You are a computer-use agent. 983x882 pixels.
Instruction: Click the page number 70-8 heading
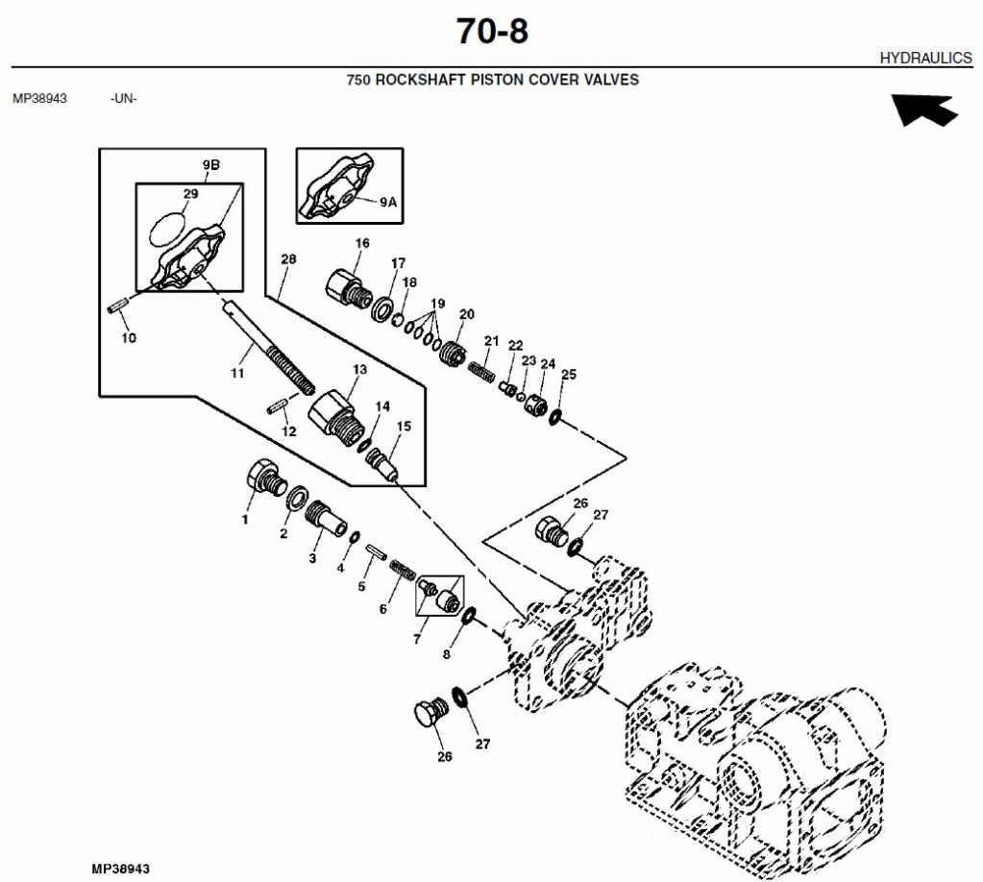click(x=492, y=32)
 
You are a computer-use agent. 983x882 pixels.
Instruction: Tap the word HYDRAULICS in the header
click(x=925, y=59)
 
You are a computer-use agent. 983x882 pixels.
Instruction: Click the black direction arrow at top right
click(x=924, y=110)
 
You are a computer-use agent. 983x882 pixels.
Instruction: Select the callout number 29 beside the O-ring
click(x=190, y=194)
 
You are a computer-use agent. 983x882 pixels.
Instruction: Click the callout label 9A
click(x=387, y=202)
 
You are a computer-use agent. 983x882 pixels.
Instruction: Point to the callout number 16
click(x=362, y=243)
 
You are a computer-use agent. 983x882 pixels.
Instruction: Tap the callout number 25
click(x=568, y=374)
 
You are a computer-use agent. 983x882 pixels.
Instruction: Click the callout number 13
click(x=359, y=369)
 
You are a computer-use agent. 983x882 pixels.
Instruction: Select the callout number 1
click(x=245, y=520)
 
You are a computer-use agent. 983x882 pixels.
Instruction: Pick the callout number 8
click(x=445, y=655)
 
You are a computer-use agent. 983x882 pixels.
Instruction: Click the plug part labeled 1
click(x=263, y=477)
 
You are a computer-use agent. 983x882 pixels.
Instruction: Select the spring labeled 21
click(x=480, y=369)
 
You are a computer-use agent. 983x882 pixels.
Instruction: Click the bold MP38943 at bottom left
click(x=121, y=869)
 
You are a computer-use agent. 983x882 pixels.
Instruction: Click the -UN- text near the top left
click(x=123, y=98)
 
